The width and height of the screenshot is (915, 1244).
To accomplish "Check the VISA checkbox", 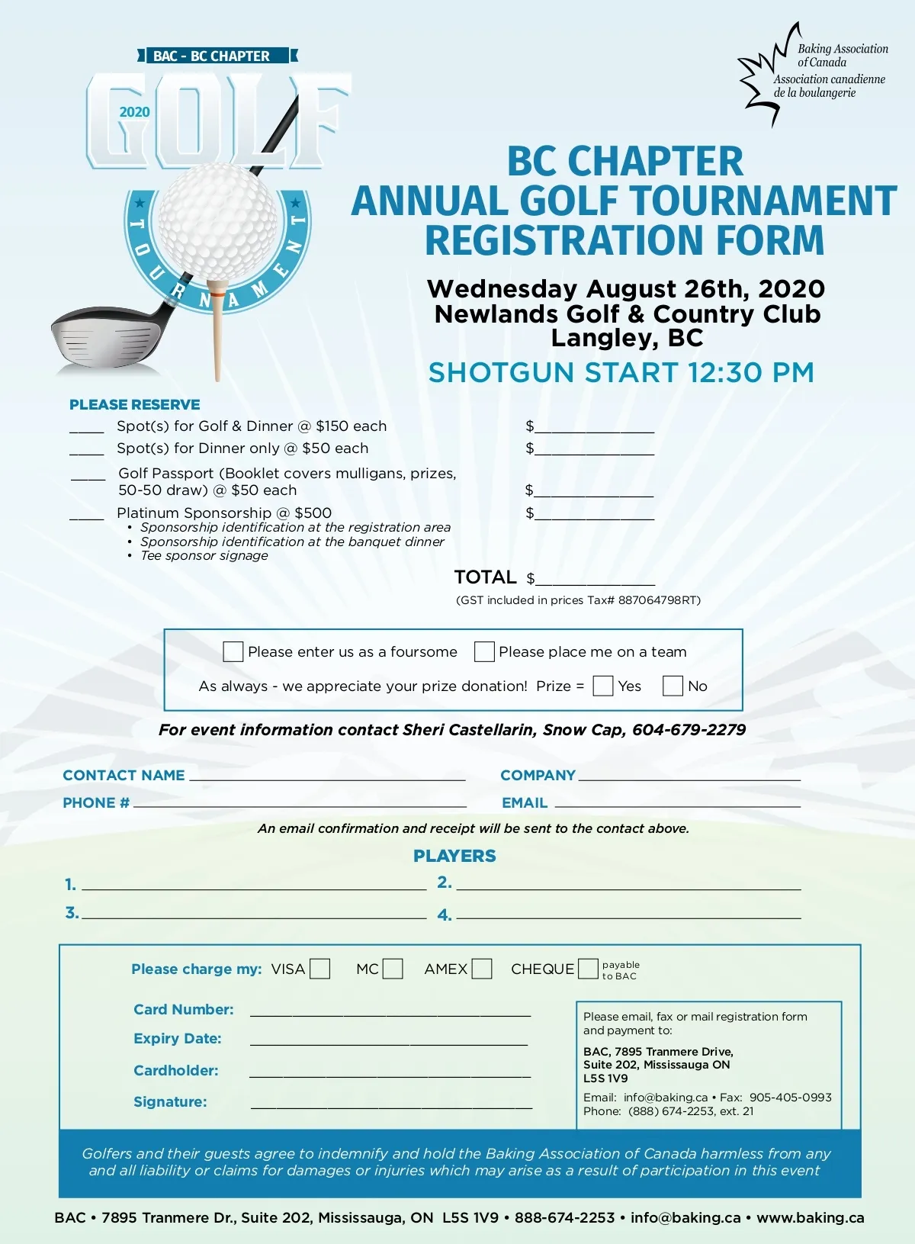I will click(x=320, y=969).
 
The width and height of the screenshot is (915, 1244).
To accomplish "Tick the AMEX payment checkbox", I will click(x=482, y=969).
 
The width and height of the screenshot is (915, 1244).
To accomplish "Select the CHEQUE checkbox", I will click(x=588, y=969).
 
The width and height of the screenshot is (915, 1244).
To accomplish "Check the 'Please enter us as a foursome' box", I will click(x=233, y=651).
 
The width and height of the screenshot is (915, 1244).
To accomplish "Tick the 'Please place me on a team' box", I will click(x=484, y=651).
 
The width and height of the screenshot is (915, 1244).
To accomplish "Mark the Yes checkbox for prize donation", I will click(x=603, y=686).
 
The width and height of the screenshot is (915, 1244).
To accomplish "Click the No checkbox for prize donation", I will click(x=673, y=686).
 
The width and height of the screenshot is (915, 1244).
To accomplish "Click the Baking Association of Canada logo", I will click(x=812, y=72).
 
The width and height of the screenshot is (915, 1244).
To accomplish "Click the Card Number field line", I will click(x=390, y=1011).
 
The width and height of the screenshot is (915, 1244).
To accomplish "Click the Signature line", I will click(x=391, y=1103).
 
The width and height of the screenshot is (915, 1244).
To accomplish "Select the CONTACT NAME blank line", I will click(x=327, y=776).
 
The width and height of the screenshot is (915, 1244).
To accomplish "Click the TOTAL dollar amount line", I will click(x=595, y=580).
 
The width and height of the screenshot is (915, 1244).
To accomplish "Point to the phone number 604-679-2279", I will click(x=689, y=730).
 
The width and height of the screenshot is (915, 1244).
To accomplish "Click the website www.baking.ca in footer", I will click(x=811, y=1218).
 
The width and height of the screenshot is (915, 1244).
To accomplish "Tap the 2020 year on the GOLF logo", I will click(x=134, y=112).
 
